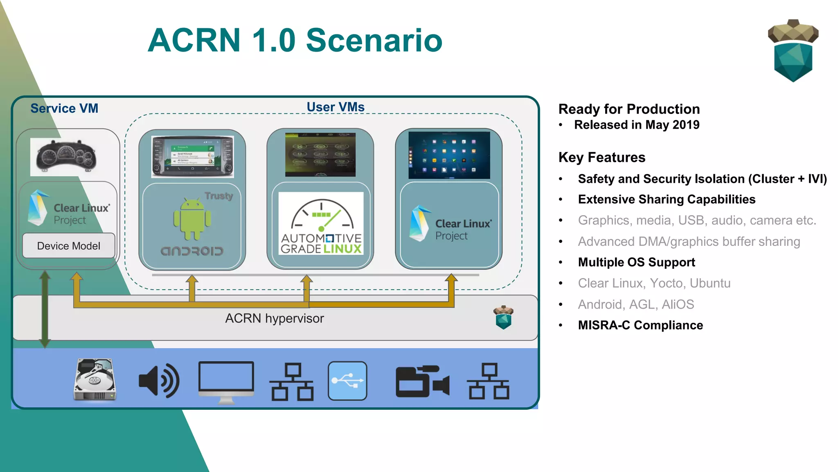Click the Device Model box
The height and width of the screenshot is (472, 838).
(x=69, y=246)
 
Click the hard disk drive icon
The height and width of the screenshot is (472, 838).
(x=95, y=380)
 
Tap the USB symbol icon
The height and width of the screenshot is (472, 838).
(x=347, y=381)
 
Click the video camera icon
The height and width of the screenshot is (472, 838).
(x=422, y=381)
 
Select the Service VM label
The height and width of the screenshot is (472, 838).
(x=64, y=108)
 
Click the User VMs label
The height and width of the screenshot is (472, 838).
(x=336, y=107)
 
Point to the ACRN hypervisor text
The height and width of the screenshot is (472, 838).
(x=274, y=318)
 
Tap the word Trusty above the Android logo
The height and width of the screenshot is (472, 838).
(x=219, y=196)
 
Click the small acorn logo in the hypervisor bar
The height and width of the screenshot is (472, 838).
(x=503, y=317)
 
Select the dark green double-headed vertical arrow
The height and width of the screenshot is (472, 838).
(x=45, y=309)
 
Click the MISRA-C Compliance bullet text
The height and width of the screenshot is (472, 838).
(x=640, y=325)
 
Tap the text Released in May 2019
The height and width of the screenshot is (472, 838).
(x=637, y=125)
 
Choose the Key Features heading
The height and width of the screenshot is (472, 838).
(x=602, y=157)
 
